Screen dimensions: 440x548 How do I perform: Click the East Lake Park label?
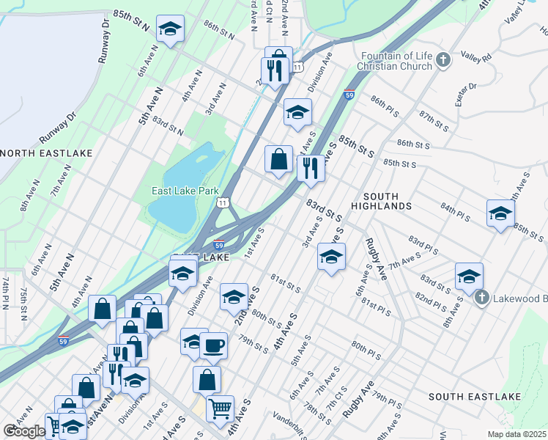[x=185, y=191]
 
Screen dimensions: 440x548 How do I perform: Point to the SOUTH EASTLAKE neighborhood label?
[x=474, y=397]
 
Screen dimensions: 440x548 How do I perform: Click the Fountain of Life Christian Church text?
[x=394, y=60]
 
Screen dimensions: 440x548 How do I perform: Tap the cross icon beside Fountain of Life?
[x=442, y=59]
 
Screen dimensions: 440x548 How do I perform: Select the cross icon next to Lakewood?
[x=481, y=297]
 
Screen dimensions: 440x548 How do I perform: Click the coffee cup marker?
[x=213, y=344]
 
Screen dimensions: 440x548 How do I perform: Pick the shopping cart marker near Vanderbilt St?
[x=220, y=408]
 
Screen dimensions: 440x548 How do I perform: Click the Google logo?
[x=23, y=431]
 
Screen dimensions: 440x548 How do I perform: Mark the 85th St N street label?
[x=130, y=21]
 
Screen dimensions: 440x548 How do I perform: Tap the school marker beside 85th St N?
[x=171, y=29]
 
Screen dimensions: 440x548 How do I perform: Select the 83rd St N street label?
[x=168, y=128]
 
